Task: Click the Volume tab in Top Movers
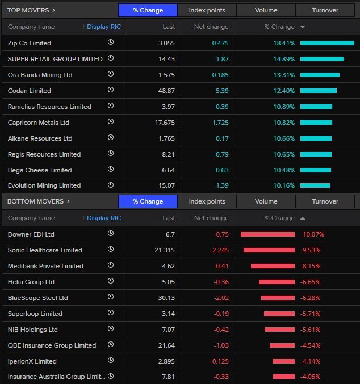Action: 266,10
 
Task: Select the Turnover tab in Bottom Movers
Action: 325,201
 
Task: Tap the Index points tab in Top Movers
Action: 207,10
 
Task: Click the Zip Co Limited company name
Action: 30,43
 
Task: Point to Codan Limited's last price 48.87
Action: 166,91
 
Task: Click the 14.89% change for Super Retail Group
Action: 284,59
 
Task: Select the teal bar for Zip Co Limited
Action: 327,43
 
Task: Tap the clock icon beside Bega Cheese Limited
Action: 111,169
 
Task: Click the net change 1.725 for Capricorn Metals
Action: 220,123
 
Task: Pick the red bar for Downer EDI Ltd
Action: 267,234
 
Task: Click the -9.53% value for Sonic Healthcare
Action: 310,250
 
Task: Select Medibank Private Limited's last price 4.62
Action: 168,266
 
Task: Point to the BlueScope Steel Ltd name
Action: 38,298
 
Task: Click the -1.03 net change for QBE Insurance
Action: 221,345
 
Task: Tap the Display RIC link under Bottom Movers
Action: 104,218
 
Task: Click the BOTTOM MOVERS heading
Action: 36,201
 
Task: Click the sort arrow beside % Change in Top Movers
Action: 303,27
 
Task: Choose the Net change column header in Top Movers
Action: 211,27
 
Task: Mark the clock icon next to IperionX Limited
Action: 111,360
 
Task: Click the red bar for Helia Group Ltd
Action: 277,282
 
